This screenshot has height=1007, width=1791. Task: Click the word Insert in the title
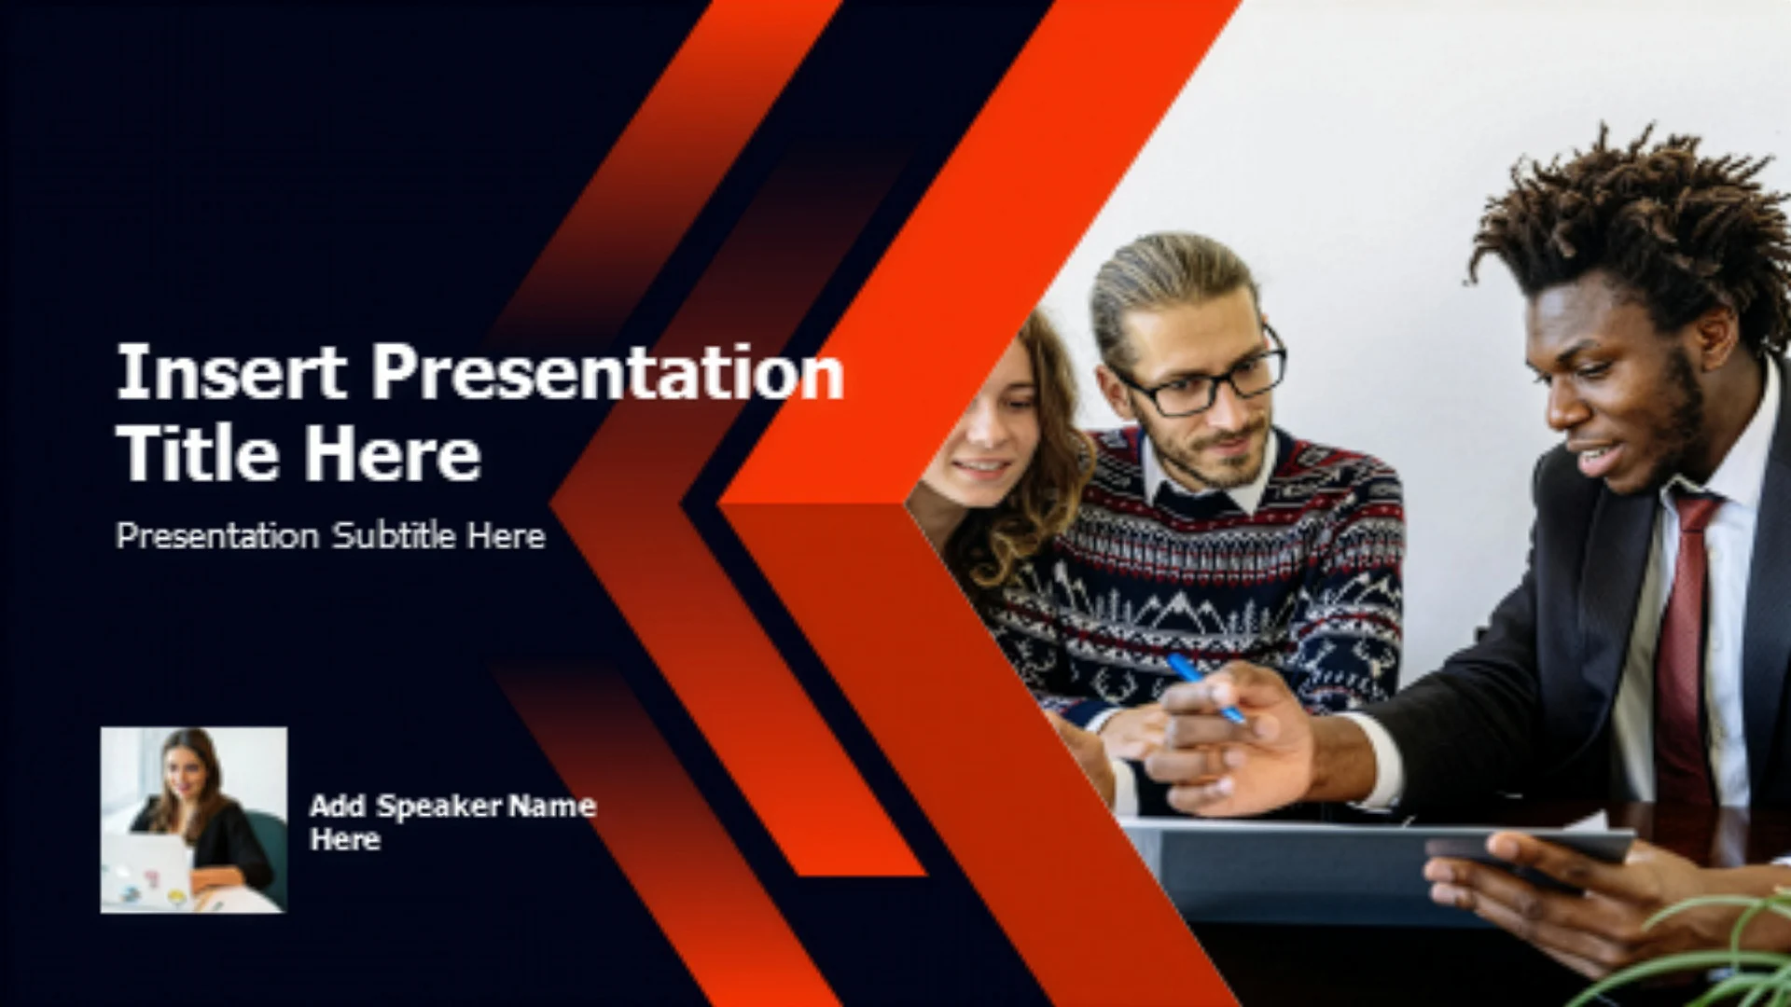point(230,372)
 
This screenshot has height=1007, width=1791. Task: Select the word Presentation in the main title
point(607,372)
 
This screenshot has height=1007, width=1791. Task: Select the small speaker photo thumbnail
point(194,820)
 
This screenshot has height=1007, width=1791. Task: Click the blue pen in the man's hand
point(1206,688)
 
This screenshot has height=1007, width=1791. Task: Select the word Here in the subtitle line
point(506,535)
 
